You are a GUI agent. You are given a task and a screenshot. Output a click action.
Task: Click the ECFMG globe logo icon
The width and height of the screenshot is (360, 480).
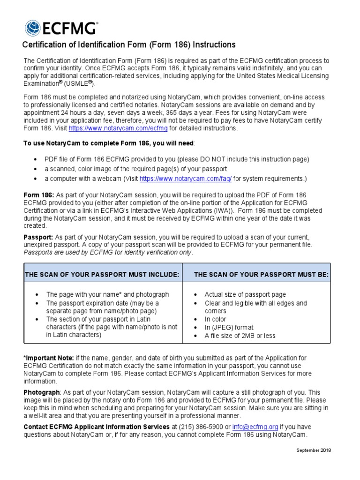point(33,28)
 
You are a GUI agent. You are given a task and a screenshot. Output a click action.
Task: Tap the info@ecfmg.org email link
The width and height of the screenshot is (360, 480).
point(255,427)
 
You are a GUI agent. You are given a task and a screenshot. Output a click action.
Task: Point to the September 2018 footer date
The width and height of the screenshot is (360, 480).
point(314,450)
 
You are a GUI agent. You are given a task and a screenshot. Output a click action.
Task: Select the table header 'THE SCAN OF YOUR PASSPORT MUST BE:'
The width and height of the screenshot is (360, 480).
point(261,274)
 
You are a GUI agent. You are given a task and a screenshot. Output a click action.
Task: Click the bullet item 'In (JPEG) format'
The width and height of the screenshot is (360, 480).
point(229,327)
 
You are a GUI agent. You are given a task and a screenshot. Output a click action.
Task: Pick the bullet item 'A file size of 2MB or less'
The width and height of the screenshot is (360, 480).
point(240,336)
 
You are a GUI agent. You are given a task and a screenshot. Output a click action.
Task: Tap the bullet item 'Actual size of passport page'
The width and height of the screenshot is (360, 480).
point(245,294)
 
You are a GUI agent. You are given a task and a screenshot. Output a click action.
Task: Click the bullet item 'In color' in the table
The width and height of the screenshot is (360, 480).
point(215,319)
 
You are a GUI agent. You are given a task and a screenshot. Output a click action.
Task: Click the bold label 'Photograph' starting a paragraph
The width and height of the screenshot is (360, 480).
point(42,392)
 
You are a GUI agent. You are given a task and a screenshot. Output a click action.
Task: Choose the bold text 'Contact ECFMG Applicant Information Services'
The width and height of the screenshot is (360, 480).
point(97,427)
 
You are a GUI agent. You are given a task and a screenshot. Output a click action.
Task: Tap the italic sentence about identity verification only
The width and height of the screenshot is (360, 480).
point(108,252)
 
